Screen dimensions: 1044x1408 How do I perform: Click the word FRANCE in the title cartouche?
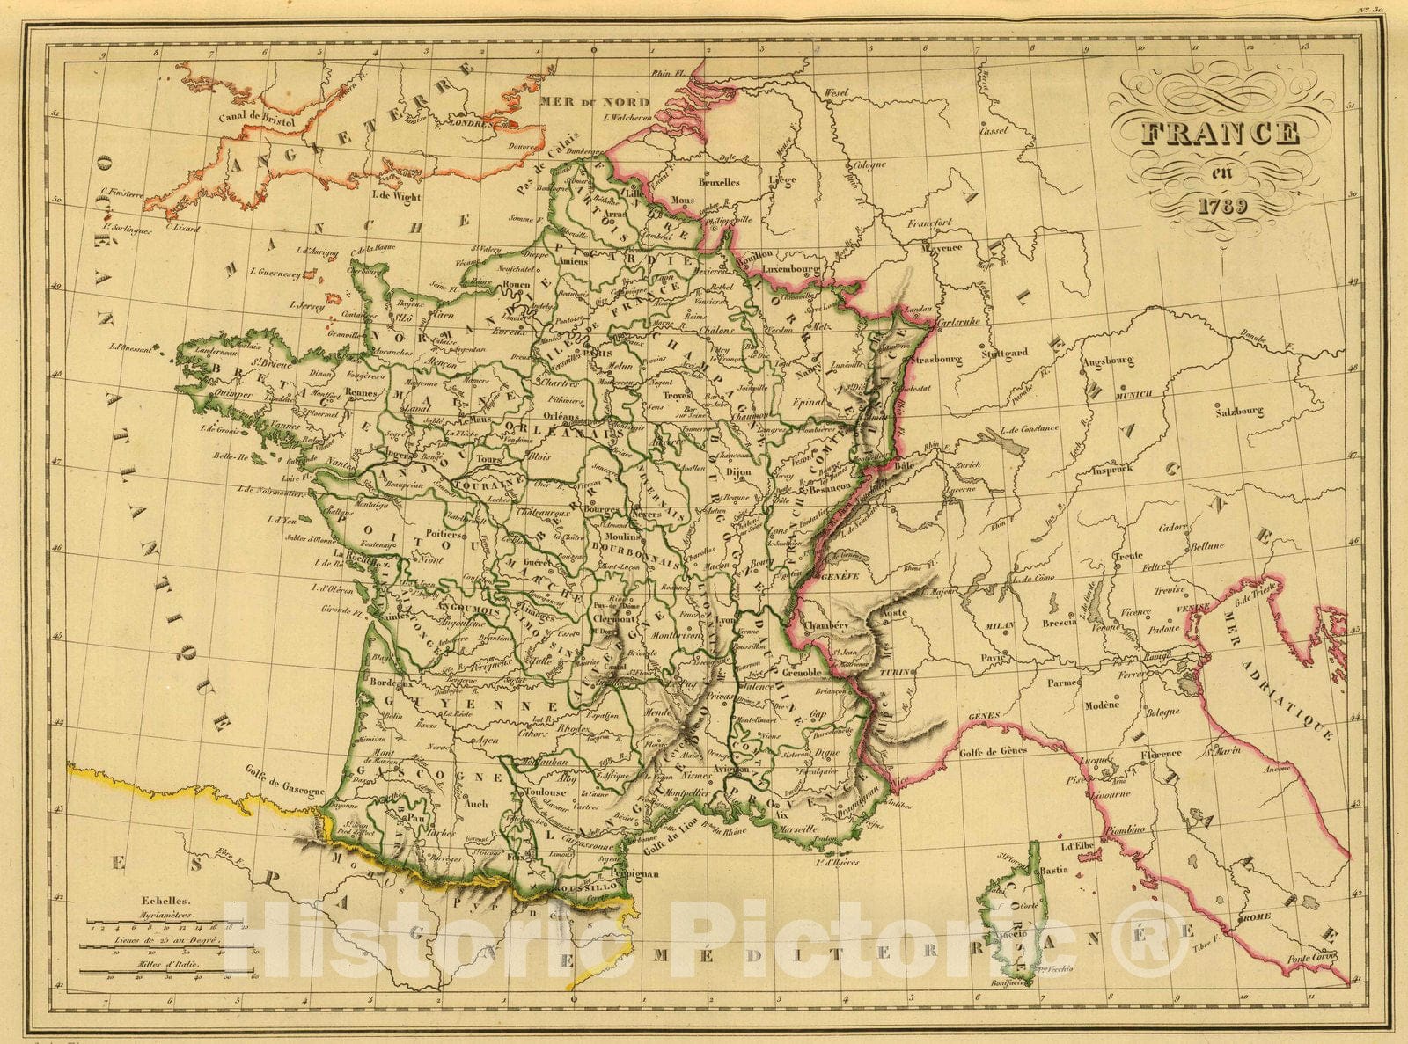click(1221, 133)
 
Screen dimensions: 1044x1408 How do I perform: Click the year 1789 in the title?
click(1221, 208)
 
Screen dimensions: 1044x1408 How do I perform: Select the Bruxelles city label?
click(718, 183)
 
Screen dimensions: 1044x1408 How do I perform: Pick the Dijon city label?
click(738, 472)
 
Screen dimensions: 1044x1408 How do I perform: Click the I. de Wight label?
click(396, 196)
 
